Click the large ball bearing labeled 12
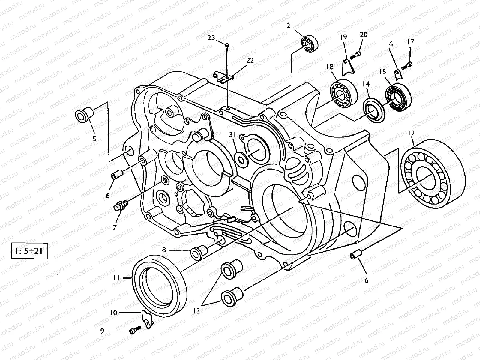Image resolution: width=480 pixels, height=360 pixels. [432, 171]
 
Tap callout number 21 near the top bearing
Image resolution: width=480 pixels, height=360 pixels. [290, 26]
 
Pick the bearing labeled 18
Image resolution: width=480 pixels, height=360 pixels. [343, 93]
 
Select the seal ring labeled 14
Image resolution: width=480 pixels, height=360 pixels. [373, 109]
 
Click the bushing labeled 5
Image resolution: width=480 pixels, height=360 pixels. [84, 115]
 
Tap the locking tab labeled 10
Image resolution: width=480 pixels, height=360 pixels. [147, 319]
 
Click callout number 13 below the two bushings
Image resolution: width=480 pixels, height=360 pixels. [196, 311]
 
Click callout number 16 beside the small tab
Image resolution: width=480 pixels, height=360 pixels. [389, 44]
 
